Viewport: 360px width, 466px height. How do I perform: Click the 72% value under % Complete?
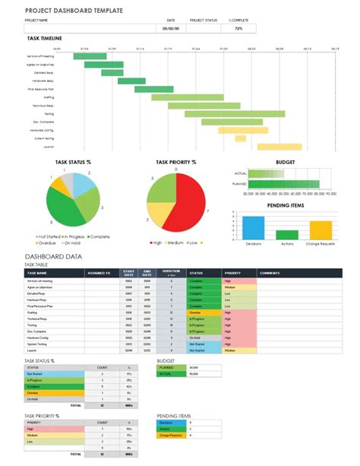(238, 28)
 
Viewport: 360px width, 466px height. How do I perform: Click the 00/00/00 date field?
(172, 28)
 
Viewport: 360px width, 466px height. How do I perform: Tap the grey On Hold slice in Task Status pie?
(68, 182)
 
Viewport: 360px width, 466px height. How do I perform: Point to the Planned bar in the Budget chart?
(281, 184)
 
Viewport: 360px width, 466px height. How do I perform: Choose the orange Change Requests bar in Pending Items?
(321, 230)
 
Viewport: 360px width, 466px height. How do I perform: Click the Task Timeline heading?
(43, 37)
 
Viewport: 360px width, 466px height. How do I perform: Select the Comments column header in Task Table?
(270, 272)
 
